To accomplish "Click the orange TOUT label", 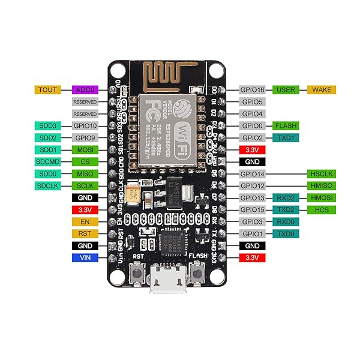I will [x=47, y=90].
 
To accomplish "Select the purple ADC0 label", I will [x=85, y=90].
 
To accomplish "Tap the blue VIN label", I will [x=85, y=257].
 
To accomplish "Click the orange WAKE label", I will [x=322, y=90].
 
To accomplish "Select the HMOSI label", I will [x=322, y=197].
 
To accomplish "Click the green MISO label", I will [x=85, y=173].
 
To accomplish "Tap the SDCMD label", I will [x=47, y=161].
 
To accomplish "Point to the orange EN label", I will [x=85, y=221].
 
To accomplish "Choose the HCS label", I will [x=322, y=209].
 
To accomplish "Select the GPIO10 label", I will [x=85, y=126].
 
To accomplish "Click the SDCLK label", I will [x=47, y=185].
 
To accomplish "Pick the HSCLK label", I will [x=322, y=173].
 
